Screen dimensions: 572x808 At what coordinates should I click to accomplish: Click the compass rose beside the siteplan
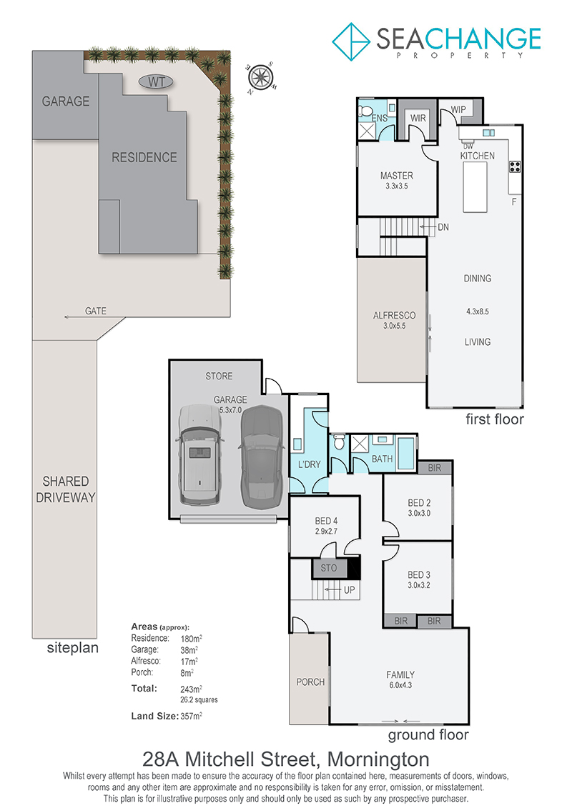pos(261,78)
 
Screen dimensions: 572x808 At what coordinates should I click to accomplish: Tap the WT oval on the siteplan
pos(156,82)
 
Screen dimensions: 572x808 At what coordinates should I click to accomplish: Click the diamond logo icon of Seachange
pos(351,41)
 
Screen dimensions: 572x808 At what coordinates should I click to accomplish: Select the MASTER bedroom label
pos(397,176)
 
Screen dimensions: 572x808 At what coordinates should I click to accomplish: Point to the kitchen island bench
pos(475,187)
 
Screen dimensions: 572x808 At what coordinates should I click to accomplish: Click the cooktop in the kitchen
pos(515,166)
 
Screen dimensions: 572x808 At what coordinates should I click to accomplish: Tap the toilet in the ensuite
pos(365,110)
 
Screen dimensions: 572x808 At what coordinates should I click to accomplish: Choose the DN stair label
pos(443,227)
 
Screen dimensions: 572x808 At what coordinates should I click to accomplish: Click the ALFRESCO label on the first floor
pos(394,315)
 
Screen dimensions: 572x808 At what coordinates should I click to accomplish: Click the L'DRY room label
pos(310,464)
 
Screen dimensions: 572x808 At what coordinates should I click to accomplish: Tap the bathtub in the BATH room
pos(406,453)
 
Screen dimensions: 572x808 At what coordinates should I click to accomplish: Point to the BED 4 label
pos(326,521)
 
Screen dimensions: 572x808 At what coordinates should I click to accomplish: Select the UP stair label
pos(349,590)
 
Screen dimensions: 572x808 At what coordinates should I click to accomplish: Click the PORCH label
pos(310,682)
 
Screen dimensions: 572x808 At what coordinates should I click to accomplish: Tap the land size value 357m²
pos(192,716)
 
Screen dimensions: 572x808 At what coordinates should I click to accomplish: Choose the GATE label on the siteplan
pos(95,311)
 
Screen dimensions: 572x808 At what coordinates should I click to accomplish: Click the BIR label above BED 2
pos(434,468)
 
